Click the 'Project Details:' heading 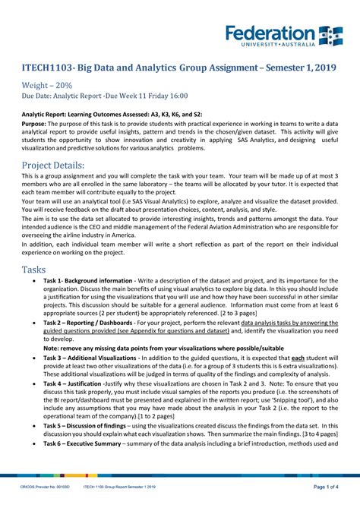click(52, 166)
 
